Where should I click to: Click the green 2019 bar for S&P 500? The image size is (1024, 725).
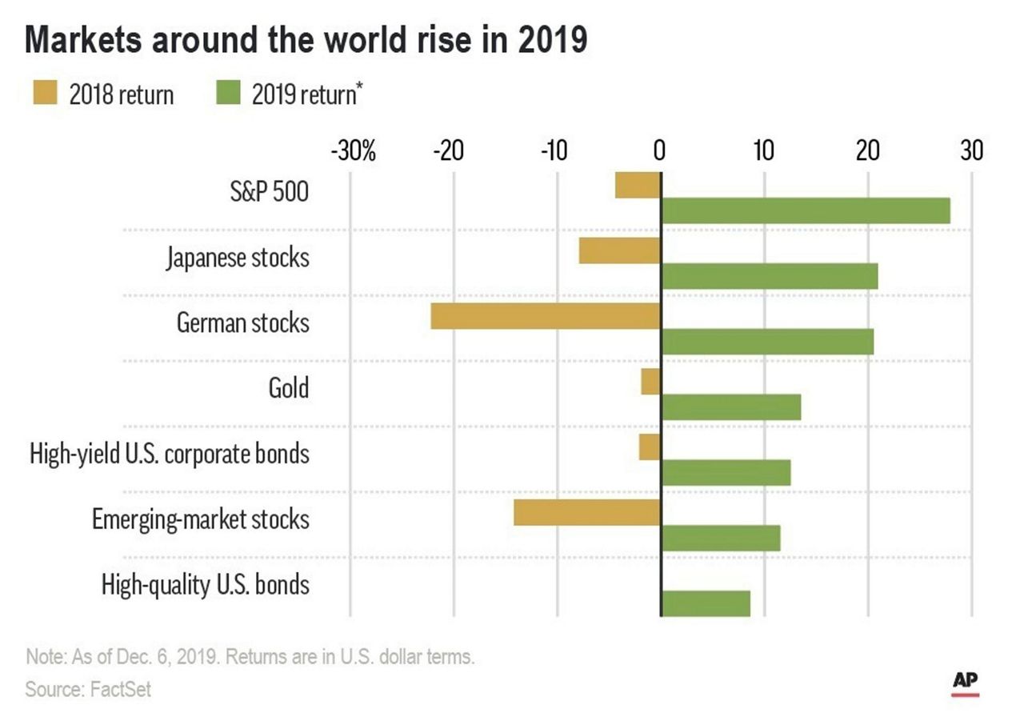point(805,211)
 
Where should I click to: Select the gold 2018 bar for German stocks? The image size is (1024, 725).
point(546,316)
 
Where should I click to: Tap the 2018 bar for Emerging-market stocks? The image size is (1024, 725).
point(586,512)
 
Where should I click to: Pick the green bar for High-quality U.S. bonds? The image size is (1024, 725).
point(706,603)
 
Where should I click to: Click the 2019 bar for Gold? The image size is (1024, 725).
point(730,407)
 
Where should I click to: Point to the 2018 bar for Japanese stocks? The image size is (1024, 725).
point(619,250)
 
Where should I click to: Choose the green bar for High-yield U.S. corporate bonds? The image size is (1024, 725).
point(726,473)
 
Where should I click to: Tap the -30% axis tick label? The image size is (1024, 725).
point(353,150)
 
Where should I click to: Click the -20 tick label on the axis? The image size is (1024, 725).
point(450,150)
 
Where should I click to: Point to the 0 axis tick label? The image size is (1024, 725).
point(660,150)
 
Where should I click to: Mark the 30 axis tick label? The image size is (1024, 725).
point(971,150)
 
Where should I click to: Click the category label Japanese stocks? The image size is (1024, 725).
point(238,258)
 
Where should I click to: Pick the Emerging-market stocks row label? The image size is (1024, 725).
point(200,519)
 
